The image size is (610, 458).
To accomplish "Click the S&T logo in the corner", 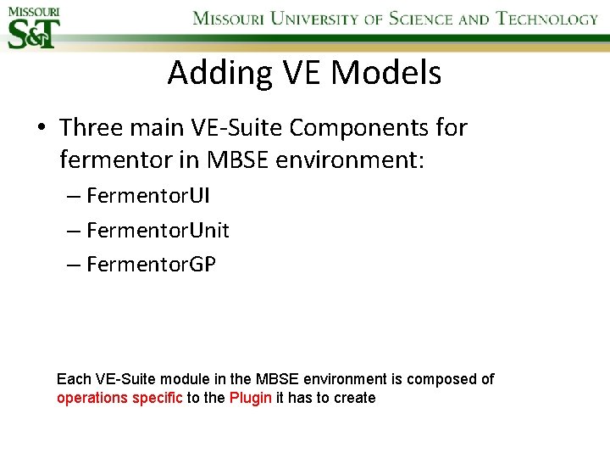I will (35, 26).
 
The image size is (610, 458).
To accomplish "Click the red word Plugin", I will (251, 398).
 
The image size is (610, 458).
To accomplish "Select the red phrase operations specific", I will (119, 398).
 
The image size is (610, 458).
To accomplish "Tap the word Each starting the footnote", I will (72, 379).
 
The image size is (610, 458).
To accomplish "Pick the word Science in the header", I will (421, 19).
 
